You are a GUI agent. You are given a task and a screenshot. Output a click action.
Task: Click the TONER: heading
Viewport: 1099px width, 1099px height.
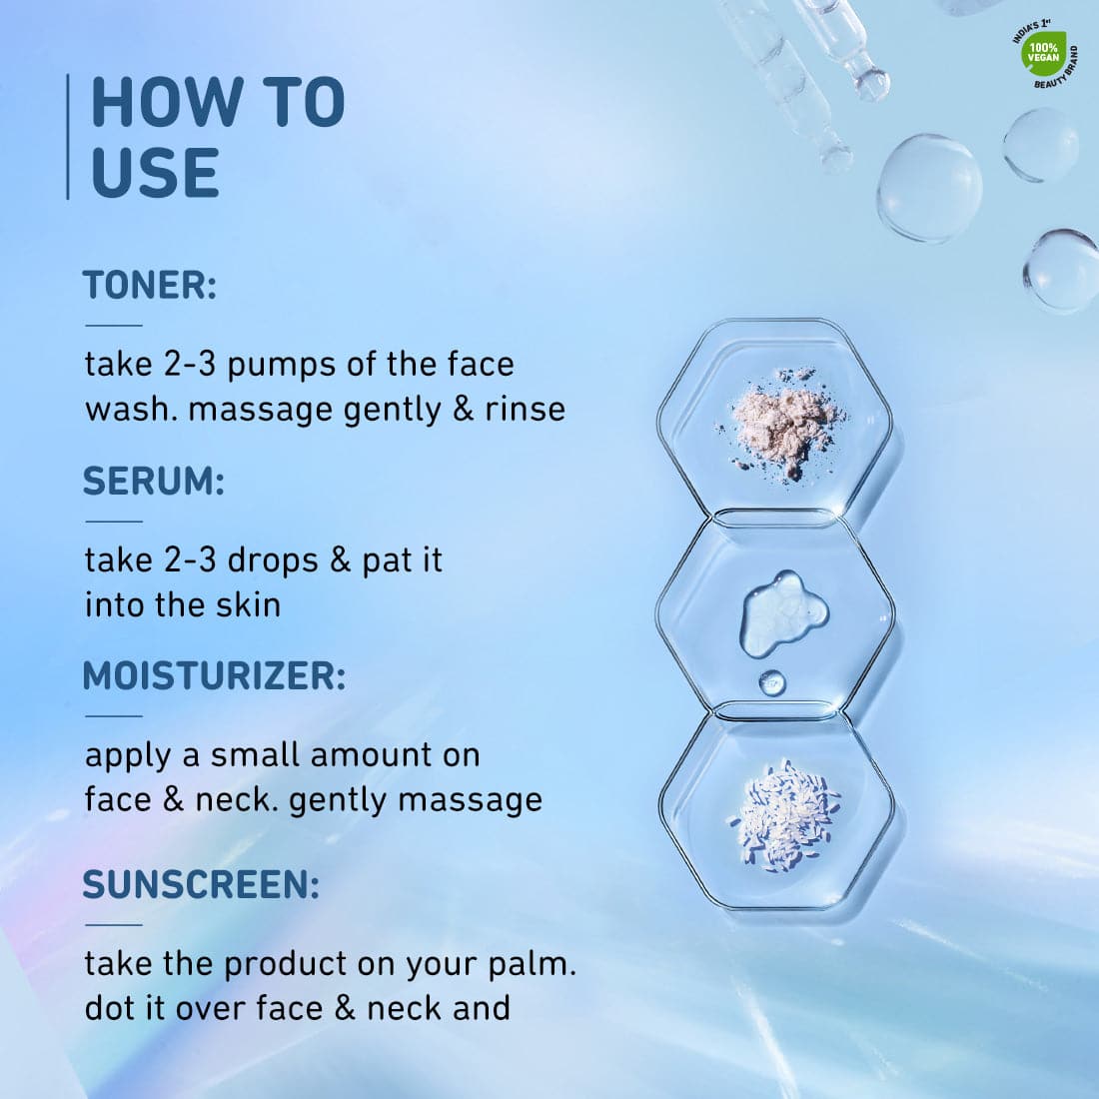coord(150,286)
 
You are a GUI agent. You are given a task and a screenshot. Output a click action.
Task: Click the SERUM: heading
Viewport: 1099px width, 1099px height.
coord(154,482)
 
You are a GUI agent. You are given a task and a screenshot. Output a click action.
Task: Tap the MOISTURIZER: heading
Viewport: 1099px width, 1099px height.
coord(215,676)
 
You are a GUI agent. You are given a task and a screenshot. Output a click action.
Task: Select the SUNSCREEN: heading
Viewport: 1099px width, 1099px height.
coord(201,884)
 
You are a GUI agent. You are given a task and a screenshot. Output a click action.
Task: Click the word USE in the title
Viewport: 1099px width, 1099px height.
coord(155,173)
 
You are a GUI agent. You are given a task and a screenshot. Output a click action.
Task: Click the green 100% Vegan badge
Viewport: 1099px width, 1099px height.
coord(1044,53)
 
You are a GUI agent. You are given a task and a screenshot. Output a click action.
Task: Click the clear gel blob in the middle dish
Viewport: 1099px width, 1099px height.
coord(784,613)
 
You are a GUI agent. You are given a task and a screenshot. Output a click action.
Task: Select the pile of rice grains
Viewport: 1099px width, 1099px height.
coord(784,816)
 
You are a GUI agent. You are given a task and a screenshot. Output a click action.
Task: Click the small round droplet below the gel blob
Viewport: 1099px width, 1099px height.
coord(772,682)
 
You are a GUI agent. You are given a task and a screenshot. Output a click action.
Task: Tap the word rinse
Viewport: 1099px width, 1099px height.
coord(525,410)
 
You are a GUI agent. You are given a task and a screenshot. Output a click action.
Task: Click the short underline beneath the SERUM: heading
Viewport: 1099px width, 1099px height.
coord(114,522)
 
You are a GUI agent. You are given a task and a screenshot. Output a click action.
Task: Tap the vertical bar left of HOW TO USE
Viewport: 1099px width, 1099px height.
coord(68,137)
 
